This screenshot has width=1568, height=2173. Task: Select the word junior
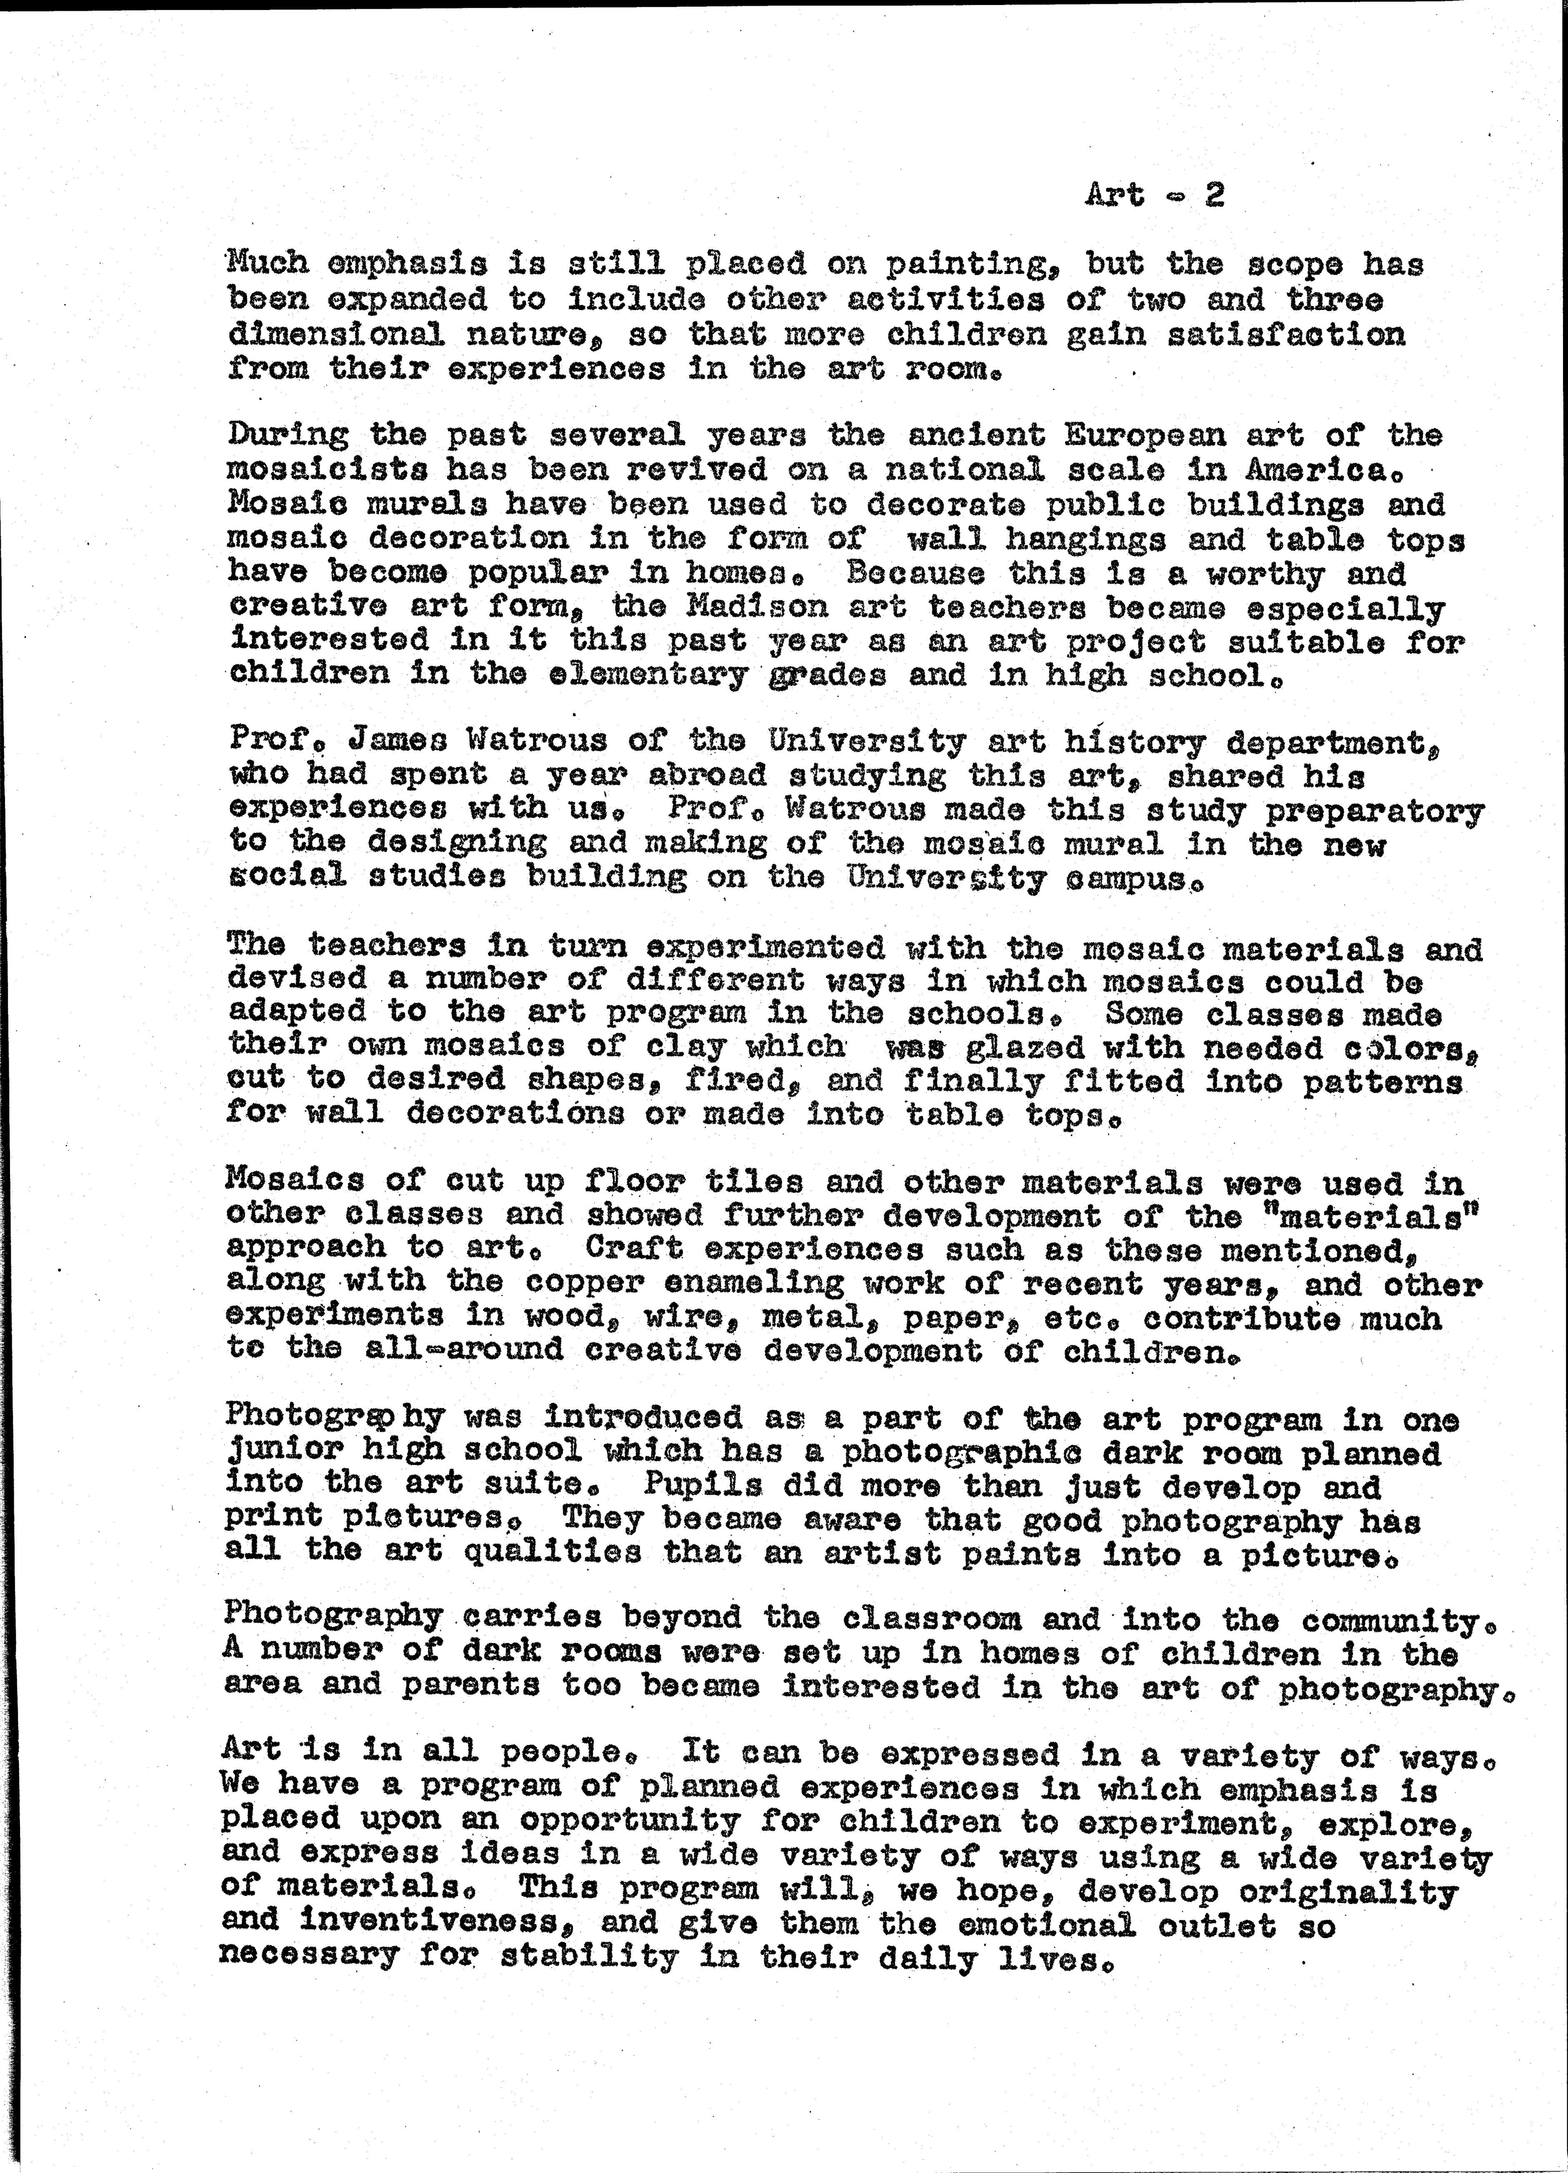click(285, 1453)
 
